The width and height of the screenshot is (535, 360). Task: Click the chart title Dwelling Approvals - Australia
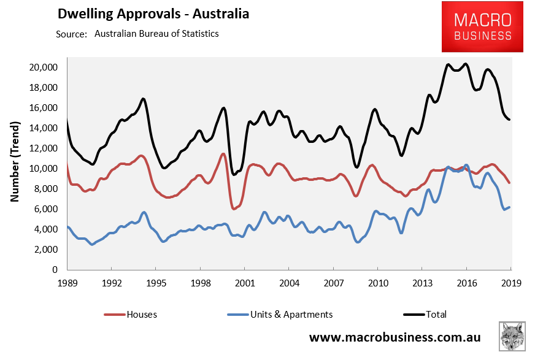(x=153, y=13)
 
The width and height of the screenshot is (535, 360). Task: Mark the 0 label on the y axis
(x=55, y=270)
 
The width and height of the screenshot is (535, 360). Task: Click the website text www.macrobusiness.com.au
(x=395, y=338)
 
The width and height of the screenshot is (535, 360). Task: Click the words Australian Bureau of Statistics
(x=156, y=34)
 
